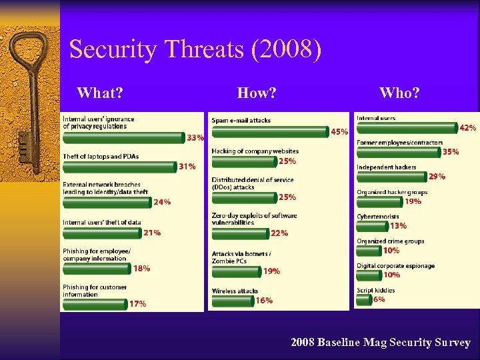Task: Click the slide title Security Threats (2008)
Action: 195,50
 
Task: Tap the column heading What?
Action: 100,93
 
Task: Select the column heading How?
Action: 257,93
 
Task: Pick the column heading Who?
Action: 399,93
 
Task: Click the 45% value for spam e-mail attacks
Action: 339,132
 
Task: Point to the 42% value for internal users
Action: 468,127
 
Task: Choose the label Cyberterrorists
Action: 377,217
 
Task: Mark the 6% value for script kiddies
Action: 379,300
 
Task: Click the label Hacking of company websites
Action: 255,151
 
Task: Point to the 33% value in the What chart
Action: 195,138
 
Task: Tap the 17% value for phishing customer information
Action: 137,304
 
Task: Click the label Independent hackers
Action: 386,167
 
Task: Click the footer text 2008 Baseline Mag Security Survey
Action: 380,343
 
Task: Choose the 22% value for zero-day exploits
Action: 280,233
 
